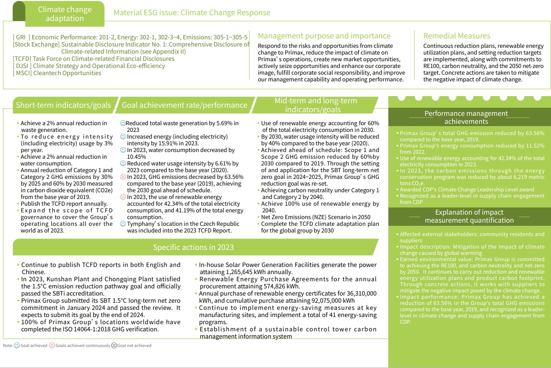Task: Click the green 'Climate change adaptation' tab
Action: pyautogui.click(x=64, y=14)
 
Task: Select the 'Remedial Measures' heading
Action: pyautogui.click(x=457, y=36)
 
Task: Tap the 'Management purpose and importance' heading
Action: pyautogui.click(x=324, y=36)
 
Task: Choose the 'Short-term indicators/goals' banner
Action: pyautogui.click(x=63, y=105)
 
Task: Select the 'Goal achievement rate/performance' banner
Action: pyautogui.click(x=185, y=105)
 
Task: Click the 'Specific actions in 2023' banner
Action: pyautogui.click(x=193, y=247)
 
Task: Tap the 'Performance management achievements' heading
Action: pyautogui.click(x=466, y=117)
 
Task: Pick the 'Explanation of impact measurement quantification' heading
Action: pyautogui.click(x=469, y=216)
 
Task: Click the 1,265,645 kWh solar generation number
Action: pyautogui.click(x=243, y=272)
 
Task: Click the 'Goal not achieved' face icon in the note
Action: pyautogui.click(x=114, y=346)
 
